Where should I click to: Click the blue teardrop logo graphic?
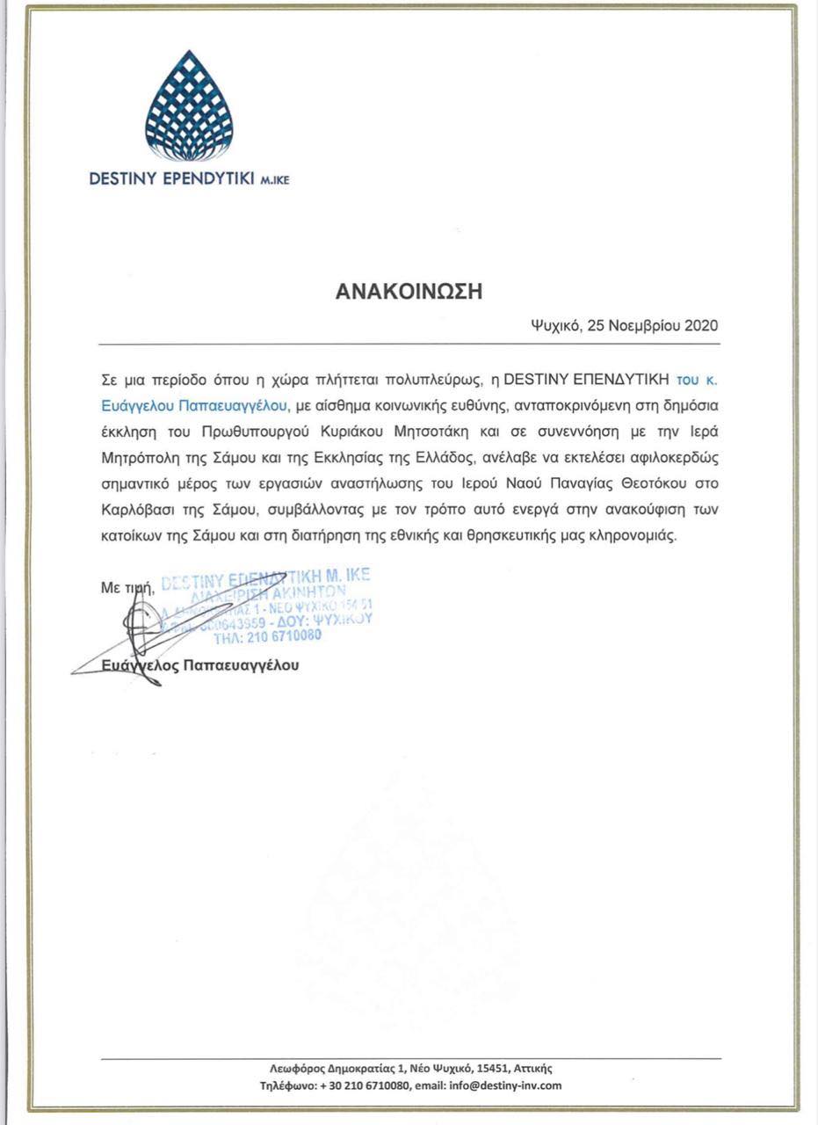[x=189, y=105]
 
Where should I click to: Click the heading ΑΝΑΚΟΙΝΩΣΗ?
[x=409, y=292]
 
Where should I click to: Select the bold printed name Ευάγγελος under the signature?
[x=138, y=665]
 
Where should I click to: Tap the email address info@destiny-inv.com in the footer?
[x=505, y=1085]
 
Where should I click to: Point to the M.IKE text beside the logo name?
[x=274, y=180]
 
